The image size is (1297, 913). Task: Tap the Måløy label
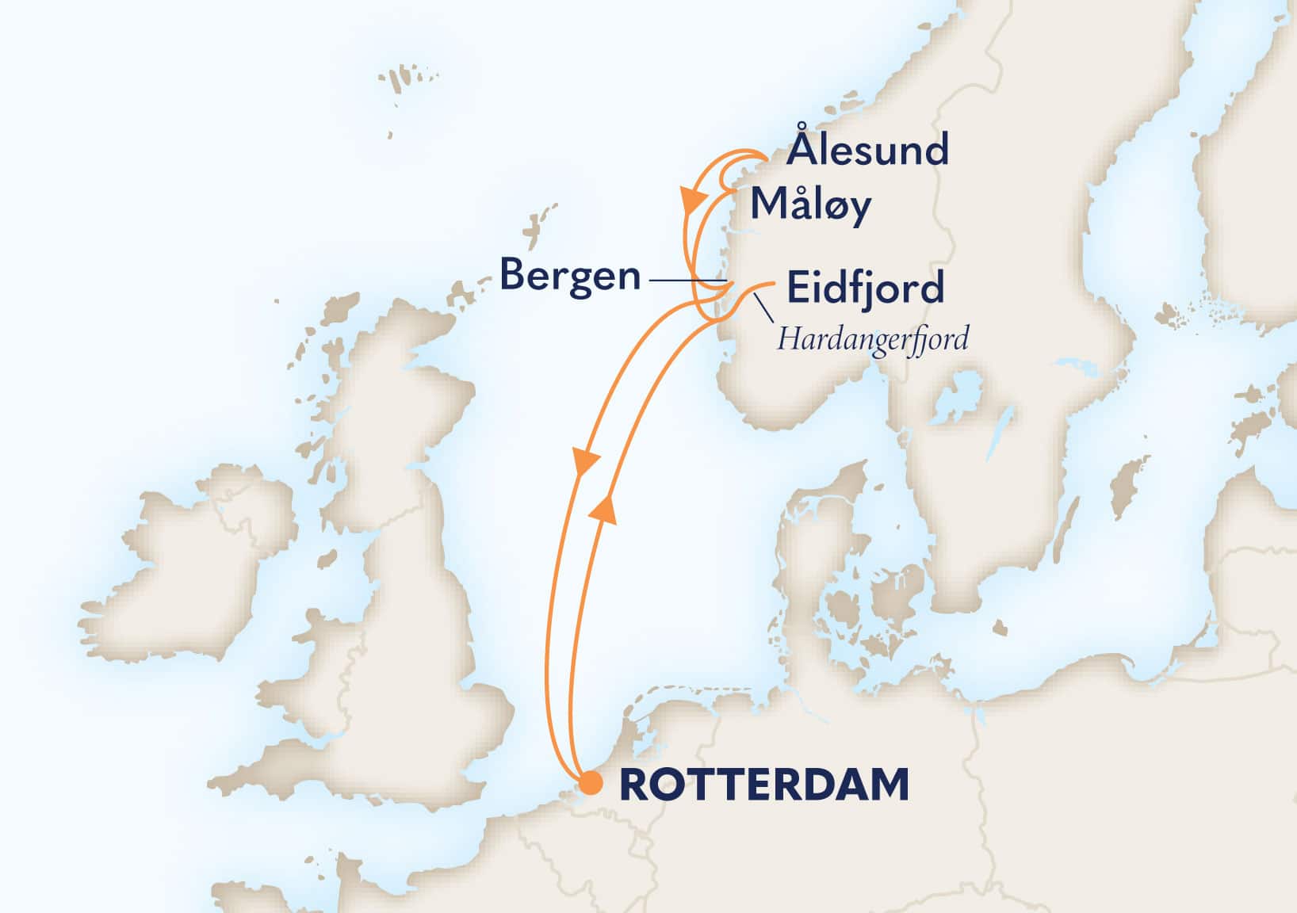tap(810, 205)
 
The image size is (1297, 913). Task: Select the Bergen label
tap(570, 277)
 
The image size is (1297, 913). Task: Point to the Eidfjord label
tap(865, 287)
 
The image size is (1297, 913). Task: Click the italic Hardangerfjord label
tap(872, 339)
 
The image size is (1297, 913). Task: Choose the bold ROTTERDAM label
tap(763, 785)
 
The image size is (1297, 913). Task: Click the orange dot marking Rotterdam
tap(590, 783)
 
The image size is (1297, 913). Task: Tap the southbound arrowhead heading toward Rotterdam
tap(585, 462)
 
